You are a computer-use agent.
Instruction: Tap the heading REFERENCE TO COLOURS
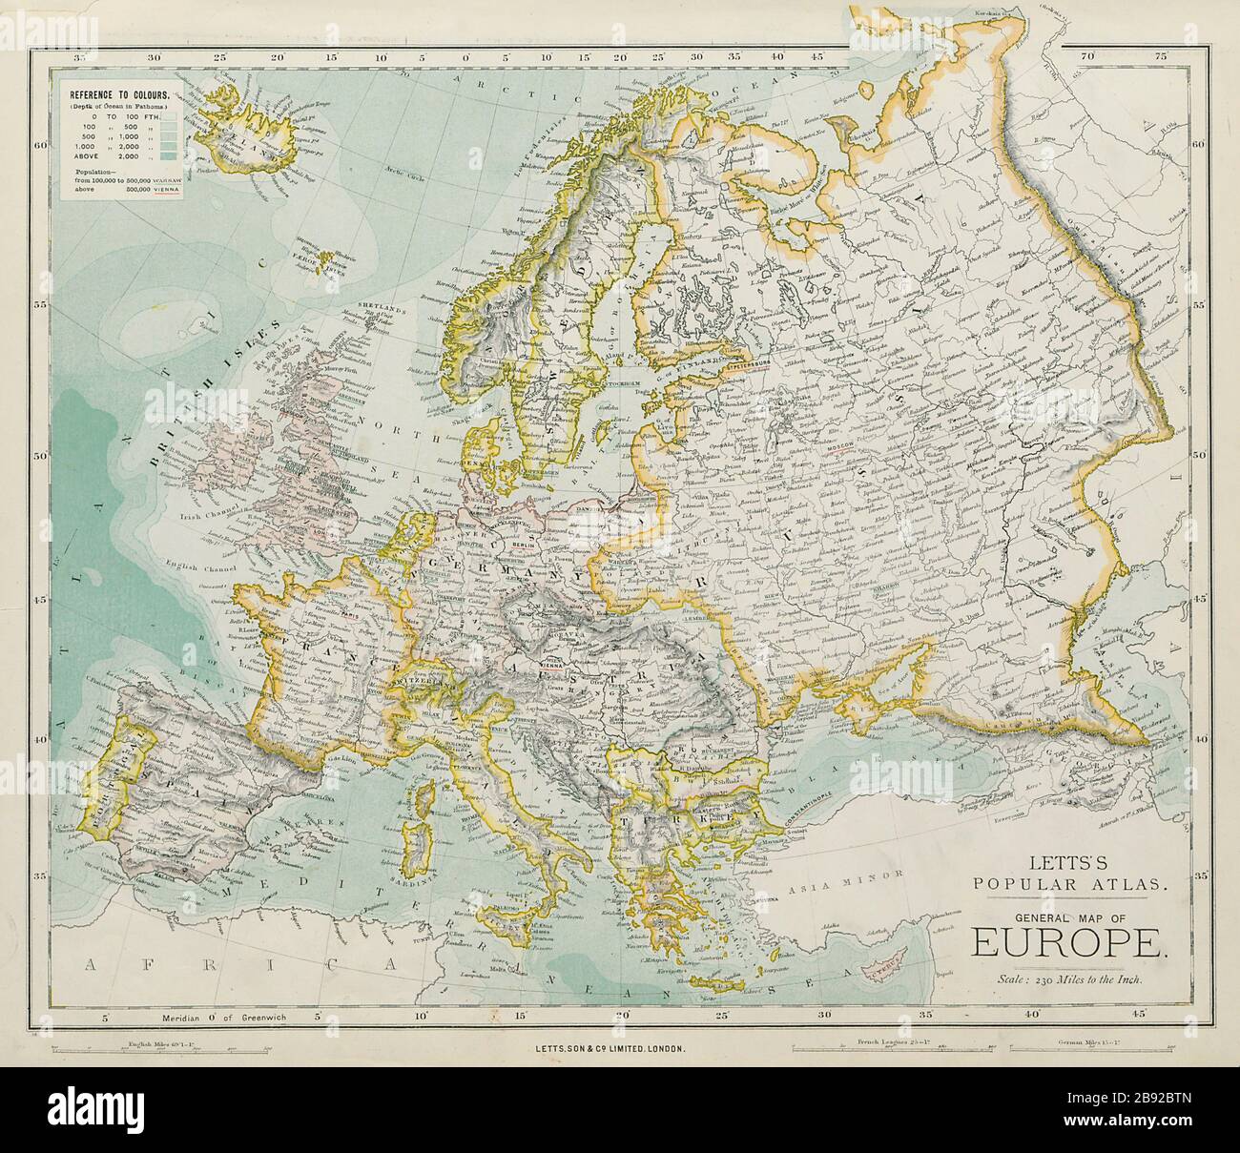(x=117, y=95)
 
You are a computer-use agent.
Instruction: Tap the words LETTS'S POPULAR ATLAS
(x=1066, y=875)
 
